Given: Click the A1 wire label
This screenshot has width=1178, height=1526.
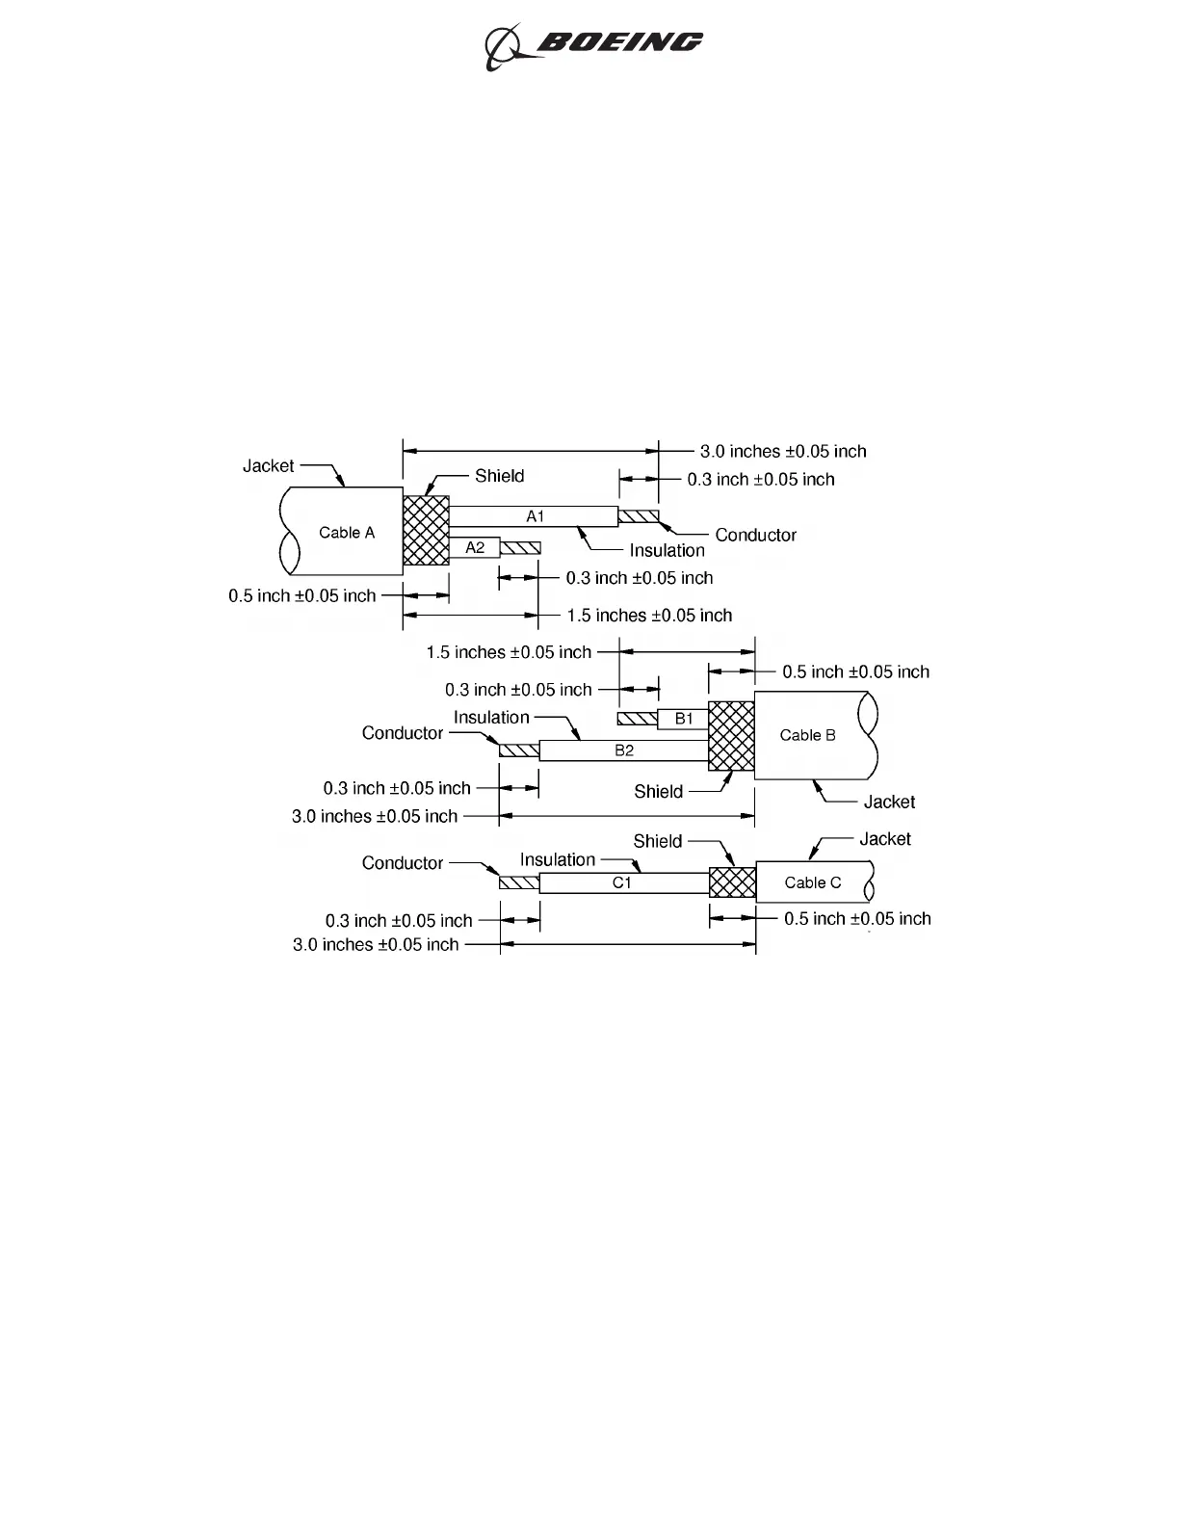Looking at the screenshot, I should (535, 516).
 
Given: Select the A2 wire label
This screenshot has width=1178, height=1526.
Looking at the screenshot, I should (475, 547).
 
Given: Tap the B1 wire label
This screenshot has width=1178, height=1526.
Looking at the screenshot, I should (683, 719).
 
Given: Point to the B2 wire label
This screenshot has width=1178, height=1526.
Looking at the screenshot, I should (624, 750).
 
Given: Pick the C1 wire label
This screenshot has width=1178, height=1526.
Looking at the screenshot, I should (622, 882).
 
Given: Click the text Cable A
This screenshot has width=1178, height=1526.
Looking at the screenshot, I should (347, 533).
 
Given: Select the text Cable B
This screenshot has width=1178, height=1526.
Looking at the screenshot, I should (807, 735).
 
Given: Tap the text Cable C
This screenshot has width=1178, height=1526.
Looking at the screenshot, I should (812, 882).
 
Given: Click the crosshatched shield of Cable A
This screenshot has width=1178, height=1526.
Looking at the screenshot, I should (426, 531).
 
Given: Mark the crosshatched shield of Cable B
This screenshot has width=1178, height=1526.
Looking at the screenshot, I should (731, 736).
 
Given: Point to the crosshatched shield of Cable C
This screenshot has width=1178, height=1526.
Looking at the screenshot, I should (732, 882).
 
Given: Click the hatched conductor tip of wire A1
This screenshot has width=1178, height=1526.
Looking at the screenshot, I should (638, 517).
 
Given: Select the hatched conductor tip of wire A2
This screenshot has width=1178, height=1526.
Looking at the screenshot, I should (520, 548).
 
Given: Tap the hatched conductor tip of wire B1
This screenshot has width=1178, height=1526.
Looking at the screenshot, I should (637, 719).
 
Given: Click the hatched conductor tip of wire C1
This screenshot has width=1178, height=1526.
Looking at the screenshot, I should (518, 882).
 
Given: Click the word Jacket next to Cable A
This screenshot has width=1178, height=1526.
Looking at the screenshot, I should (268, 466).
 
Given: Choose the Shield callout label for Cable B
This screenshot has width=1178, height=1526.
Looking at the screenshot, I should (658, 792).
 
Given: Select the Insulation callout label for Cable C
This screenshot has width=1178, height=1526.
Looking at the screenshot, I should (558, 859).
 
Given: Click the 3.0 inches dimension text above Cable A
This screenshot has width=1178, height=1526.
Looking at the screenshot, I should (782, 451).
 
